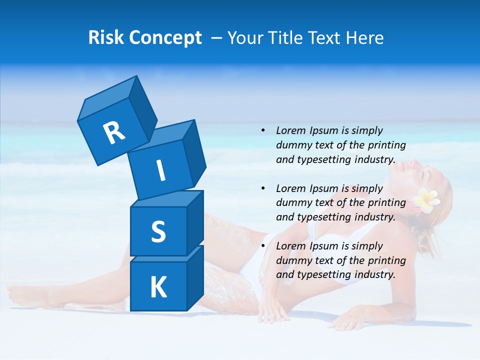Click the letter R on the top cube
[x=114, y=132]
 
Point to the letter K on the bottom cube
[x=158, y=287]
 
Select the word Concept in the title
[x=165, y=38]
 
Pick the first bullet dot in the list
[x=263, y=131]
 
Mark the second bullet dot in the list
[x=263, y=189]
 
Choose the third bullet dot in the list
[x=263, y=246]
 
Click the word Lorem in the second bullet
[x=291, y=188]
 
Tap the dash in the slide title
[x=217, y=38]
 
